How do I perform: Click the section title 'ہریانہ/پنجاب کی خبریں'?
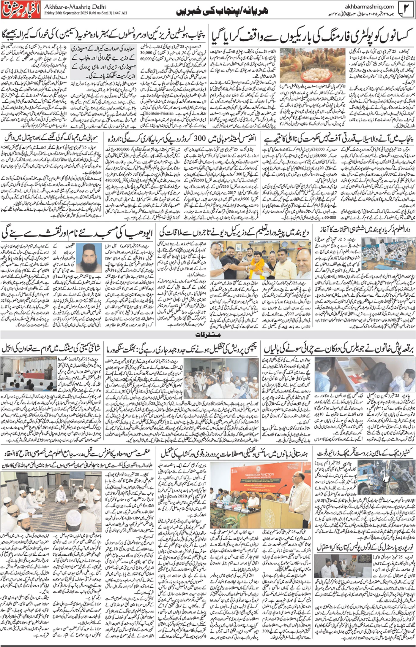pos(226,12)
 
